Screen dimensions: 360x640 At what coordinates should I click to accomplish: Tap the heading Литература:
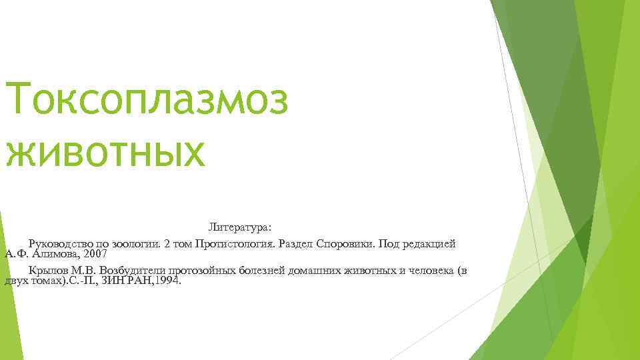pyautogui.click(x=239, y=227)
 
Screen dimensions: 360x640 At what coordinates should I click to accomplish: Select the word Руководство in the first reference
pyautogui.click(x=59, y=244)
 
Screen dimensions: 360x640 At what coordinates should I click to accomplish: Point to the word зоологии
pyautogui.click(x=138, y=244)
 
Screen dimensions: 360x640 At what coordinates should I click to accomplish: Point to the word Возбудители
pyautogui.click(x=133, y=270)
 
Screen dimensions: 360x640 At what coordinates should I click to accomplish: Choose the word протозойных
pyautogui.click(x=203, y=270)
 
